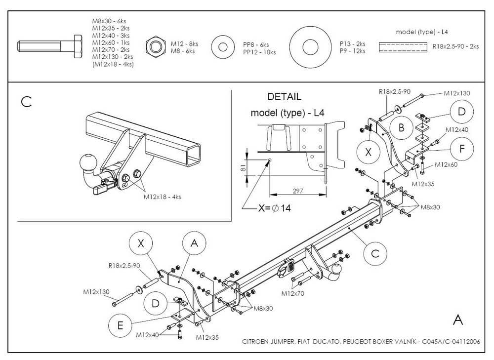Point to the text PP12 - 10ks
coord(259,51)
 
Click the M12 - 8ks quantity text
coord(184,44)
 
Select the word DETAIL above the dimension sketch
coord(284,97)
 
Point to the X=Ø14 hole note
coord(274,208)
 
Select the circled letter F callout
coord(461,148)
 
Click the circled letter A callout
coord(194,243)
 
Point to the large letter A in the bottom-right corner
coord(457,320)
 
